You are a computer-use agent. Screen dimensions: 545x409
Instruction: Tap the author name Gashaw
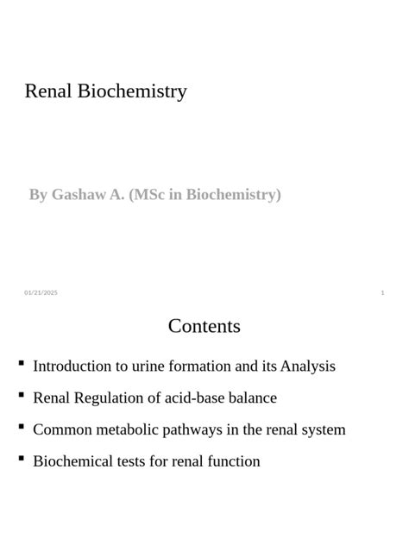coord(78,195)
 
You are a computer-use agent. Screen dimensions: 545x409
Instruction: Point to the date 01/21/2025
coord(41,293)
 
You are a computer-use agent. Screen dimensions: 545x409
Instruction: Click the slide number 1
coord(382,293)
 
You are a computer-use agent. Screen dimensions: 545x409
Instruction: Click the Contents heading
coord(204,326)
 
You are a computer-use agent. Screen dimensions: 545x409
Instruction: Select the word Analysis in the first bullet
coord(305,366)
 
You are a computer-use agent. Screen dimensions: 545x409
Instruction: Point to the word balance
coord(252,398)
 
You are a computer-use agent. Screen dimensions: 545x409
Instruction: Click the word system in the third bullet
coord(323,429)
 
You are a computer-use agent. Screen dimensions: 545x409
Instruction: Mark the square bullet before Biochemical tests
coord(21,459)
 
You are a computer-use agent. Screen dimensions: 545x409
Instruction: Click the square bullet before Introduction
coord(21,364)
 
